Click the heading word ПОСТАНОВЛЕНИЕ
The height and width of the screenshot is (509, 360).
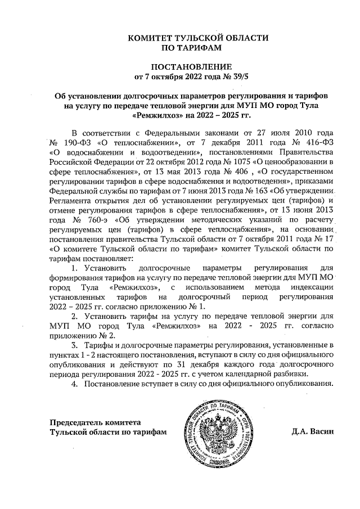click(180, 66)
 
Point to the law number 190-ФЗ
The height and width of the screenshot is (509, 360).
click(74, 142)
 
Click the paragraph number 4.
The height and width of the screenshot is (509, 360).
click(75, 384)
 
